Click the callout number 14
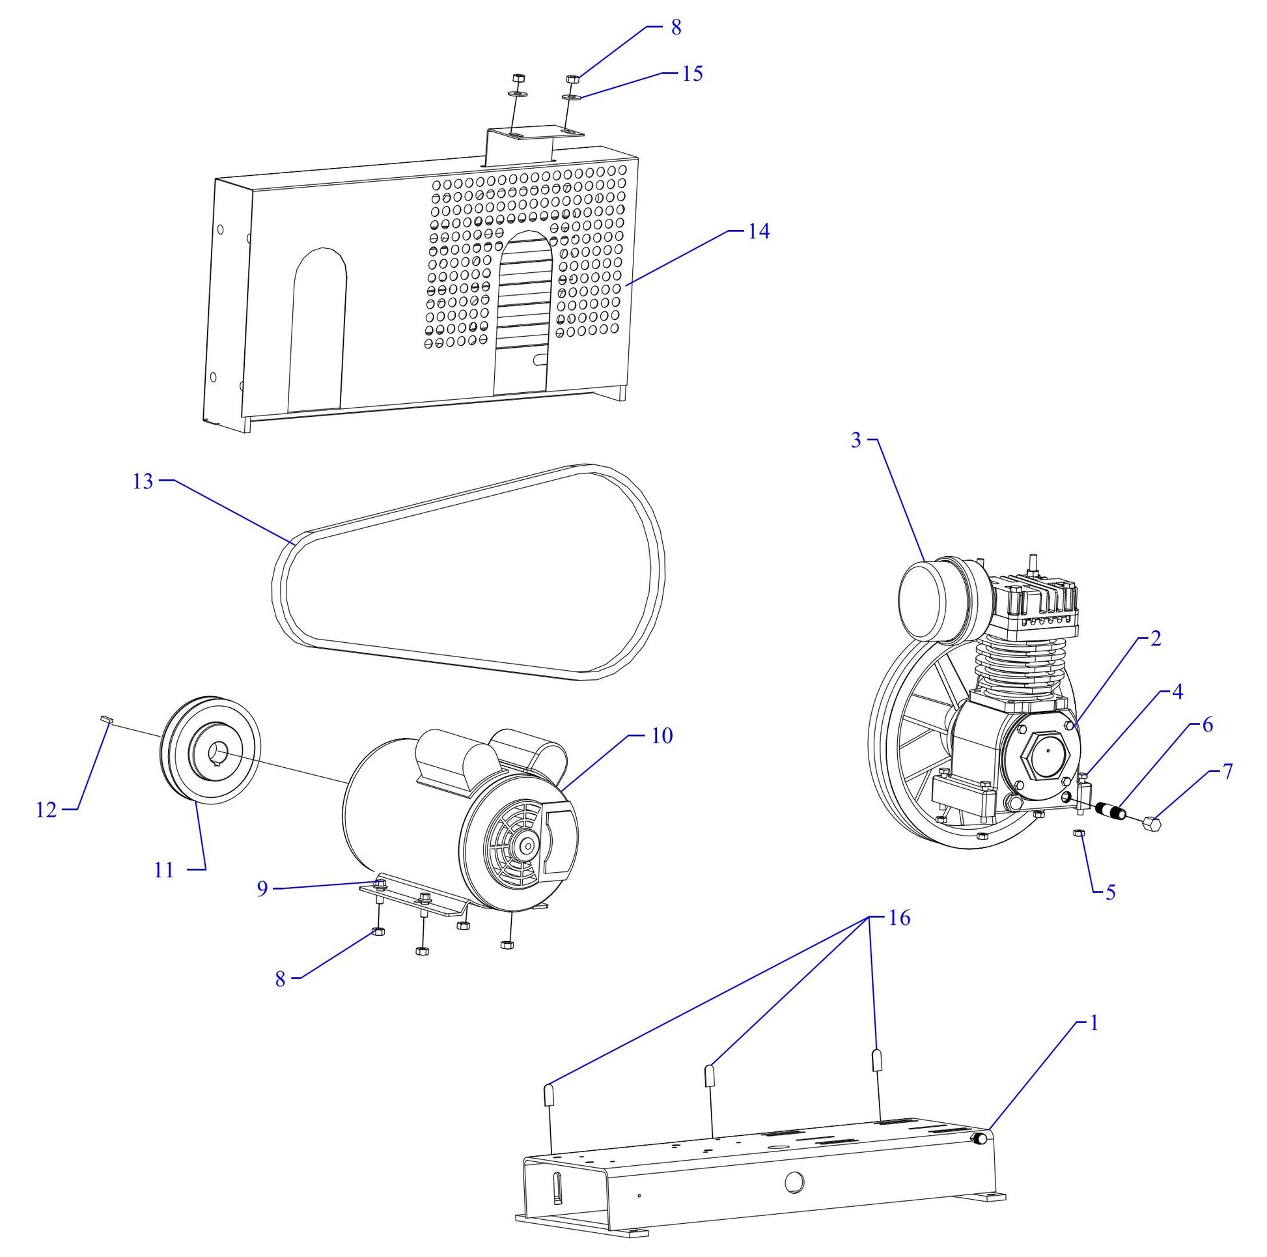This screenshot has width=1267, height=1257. pyautogui.click(x=759, y=231)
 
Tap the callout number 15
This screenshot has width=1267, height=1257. pyautogui.click(x=692, y=73)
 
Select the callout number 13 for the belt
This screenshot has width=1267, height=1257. pyautogui.click(x=143, y=481)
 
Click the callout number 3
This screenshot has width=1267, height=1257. pyautogui.click(x=856, y=440)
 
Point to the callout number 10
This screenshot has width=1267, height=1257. pyautogui.click(x=661, y=735)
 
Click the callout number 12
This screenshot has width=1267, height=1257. pyautogui.click(x=47, y=810)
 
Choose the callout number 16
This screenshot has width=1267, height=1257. pyautogui.click(x=900, y=918)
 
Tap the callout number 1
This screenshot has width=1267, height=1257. pyautogui.click(x=1093, y=1023)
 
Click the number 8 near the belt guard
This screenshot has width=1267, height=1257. pyautogui.click(x=676, y=27)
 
